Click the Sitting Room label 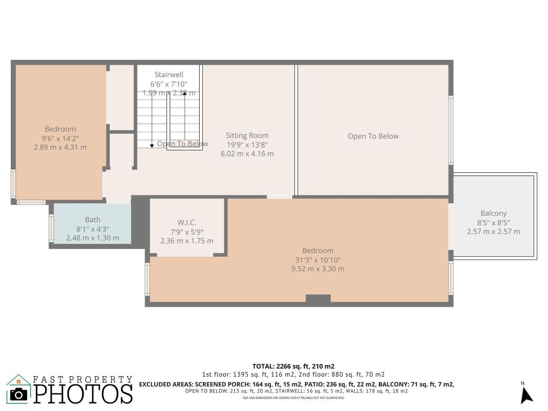pos(247,135)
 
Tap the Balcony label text pos(493,213)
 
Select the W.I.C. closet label pos(187,222)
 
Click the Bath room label pos(93,219)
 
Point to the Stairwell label pos(169,74)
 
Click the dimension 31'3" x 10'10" pos(317,260)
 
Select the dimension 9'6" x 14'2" pos(60,138)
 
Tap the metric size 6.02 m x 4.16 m pos(247,154)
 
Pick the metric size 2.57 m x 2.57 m pos(493,232)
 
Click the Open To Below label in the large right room pos(373,136)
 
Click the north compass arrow pos(527,394)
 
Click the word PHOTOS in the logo pos(83,394)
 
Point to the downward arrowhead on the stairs pos(152,145)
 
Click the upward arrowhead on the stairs pos(185,95)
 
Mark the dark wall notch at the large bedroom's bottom pos(318,300)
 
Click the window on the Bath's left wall pos(51,228)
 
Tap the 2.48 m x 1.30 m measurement pos(93,238)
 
